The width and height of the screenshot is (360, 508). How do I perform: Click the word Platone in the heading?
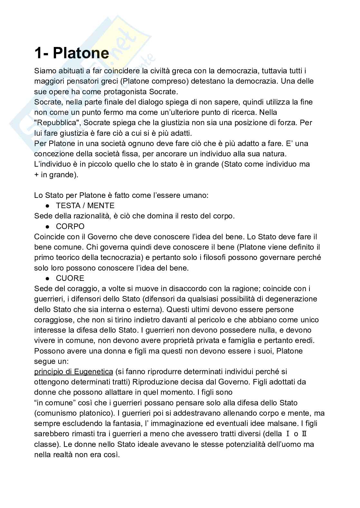tap(81, 53)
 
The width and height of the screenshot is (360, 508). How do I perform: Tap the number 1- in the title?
tap(42, 53)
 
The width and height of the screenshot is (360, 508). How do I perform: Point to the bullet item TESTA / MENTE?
tap(85, 206)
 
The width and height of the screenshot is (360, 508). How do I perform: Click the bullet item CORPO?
tap(70, 226)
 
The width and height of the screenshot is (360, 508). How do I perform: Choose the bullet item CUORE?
tap(70, 278)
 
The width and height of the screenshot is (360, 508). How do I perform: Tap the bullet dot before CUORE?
tap(47, 278)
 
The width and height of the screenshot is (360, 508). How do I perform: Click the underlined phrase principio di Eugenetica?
tap(73, 372)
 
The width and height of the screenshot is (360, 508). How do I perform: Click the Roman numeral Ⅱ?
tap(304, 434)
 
